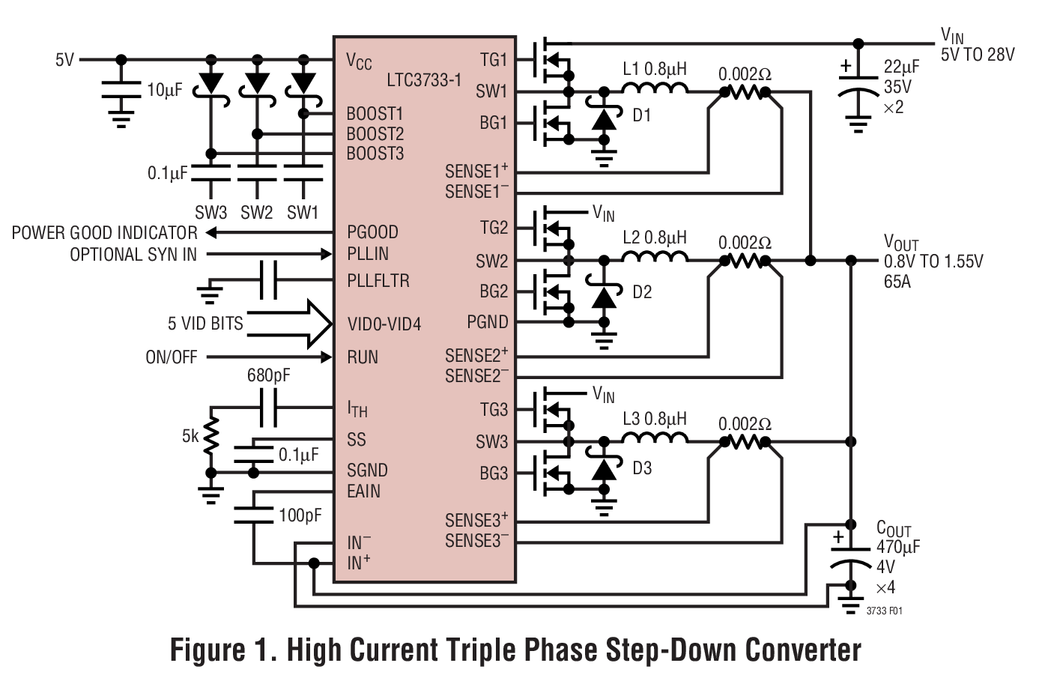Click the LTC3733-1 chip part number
tap(424, 79)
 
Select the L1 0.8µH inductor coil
tap(655, 90)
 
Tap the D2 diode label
tap(642, 292)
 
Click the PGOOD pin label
tap(372, 232)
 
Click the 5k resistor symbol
tap(211, 436)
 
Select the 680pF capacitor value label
tap(268, 375)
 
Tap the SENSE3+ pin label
tap(476, 520)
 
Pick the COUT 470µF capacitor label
tap(897, 539)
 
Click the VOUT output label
tap(900, 242)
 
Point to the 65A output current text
tap(897, 282)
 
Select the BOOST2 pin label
tap(375, 134)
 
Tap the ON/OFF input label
tap(171, 357)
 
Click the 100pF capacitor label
tap(300, 515)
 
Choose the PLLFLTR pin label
tap(378, 281)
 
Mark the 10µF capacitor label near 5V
tap(164, 91)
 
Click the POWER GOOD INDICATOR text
tap(105, 233)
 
